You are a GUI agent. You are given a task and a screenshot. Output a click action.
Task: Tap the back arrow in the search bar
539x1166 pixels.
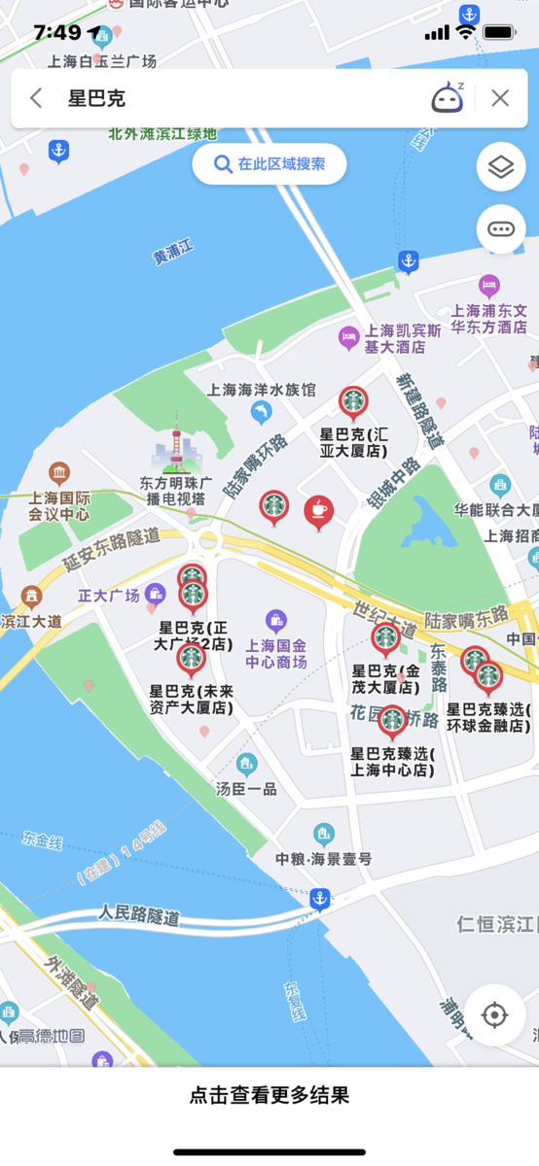tap(37, 98)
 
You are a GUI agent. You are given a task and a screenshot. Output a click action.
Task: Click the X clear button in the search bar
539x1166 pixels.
tap(500, 98)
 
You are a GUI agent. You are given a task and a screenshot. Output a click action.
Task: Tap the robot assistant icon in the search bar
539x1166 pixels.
tap(447, 98)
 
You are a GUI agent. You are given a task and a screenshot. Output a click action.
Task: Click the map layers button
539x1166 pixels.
tap(501, 168)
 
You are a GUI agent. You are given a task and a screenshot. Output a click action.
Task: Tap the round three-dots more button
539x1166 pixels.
tap(501, 229)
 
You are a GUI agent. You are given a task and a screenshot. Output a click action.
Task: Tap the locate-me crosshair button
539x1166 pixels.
tap(494, 1015)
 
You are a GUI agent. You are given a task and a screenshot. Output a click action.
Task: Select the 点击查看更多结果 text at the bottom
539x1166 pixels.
tap(269, 1096)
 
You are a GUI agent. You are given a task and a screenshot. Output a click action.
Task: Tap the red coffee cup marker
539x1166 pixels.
tap(318, 510)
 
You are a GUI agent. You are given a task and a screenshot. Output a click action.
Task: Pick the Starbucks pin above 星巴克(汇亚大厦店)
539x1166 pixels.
tap(353, 400)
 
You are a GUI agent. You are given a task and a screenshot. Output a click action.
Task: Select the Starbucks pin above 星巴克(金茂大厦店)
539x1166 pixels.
tap(386, 638)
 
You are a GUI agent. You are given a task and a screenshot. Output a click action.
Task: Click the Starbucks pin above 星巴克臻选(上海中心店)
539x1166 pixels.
tap(392, 720)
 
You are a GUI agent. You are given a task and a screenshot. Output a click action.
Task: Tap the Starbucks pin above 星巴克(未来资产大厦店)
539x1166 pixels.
tap(191, 658)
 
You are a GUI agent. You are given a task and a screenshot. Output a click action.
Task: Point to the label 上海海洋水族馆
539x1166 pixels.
tap(262, 390)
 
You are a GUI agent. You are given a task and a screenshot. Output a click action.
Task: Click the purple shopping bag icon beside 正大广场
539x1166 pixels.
tap(155, 594)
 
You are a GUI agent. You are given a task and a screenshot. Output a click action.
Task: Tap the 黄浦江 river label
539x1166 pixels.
tap(174, 254)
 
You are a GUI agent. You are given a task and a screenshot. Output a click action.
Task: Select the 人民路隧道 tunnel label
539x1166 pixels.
tap(139, 914)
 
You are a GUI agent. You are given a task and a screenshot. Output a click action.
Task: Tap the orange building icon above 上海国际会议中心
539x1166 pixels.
tap(59, 474)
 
